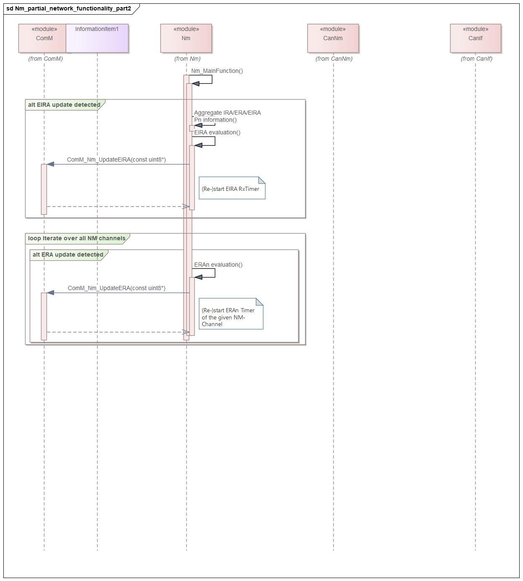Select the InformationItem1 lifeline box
pos(97,38)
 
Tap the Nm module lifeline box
pos(186,38)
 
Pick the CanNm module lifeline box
pos(333,38)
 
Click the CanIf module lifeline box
pos(475,38)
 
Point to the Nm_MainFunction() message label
pos(217,71)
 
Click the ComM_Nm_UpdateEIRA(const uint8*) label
pos(116,159)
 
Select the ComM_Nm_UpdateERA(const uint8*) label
pos(116,288)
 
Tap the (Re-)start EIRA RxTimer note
pos(232,188)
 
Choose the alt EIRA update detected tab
pos(64,105)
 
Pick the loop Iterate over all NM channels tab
pos(77,238)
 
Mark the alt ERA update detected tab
pos(68,255)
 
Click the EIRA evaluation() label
pos(217,132)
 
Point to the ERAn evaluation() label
pos(218,265)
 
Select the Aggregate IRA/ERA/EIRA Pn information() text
pos(227,116)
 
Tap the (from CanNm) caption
pos(334,59)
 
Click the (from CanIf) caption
pos(477,59)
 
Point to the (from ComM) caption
pos(46,59)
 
